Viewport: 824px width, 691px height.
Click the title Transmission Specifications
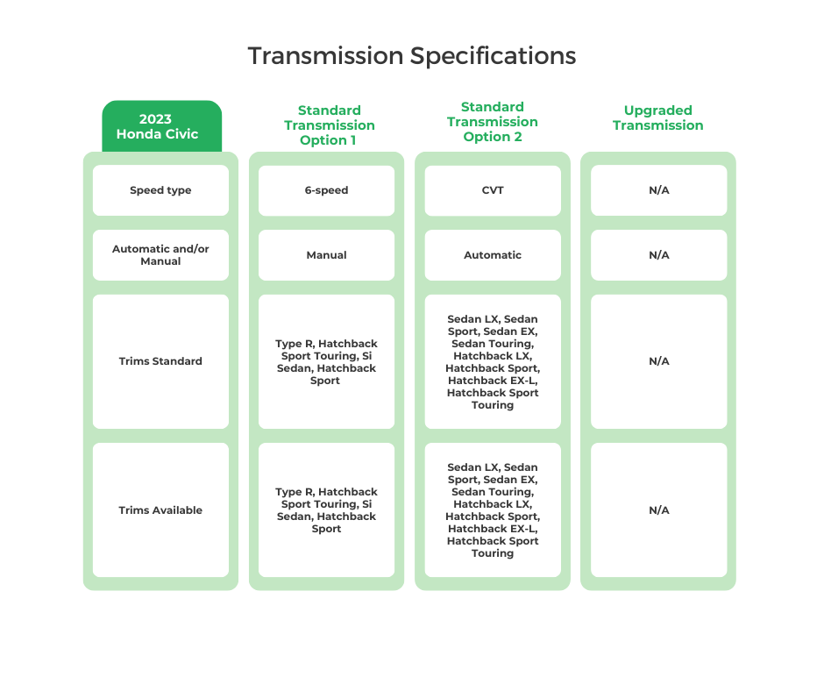click(x=411, y=56)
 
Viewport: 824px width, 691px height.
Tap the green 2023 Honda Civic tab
click(x=161, y=127)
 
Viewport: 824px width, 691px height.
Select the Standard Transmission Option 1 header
click(x=329, y=125)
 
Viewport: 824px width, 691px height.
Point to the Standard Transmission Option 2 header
click(x=492, y=122)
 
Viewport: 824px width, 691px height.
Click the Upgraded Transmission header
click(x=657, y=118)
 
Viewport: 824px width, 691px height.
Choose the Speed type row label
click(x=160, y=190)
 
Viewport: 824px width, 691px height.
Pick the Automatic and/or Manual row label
click(x=160, y=255)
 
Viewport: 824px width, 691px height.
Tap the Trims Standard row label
click(x=160, y=361)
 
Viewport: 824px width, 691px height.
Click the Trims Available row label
click(x=160, y=510)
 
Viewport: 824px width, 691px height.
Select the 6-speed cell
click(x=326, y=190)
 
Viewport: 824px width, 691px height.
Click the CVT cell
click(x=493, y=190)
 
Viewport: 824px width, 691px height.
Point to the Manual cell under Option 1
click(x=326, y=255)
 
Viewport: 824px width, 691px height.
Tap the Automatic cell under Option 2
click(x=493, y=255)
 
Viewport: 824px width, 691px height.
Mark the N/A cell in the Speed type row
click(x=658, y=190)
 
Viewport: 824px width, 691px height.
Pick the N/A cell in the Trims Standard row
click(x=658, y=361)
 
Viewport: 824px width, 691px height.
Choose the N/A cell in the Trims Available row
click(x=658, y=510)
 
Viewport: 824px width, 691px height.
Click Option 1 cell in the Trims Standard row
click(x=326, y=362)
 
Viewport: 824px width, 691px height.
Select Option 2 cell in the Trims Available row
click(x=493, y=510)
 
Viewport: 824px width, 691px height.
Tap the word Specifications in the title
click(x=493, y=56)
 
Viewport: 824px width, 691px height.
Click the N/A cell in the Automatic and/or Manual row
click(x=658, y=255)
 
